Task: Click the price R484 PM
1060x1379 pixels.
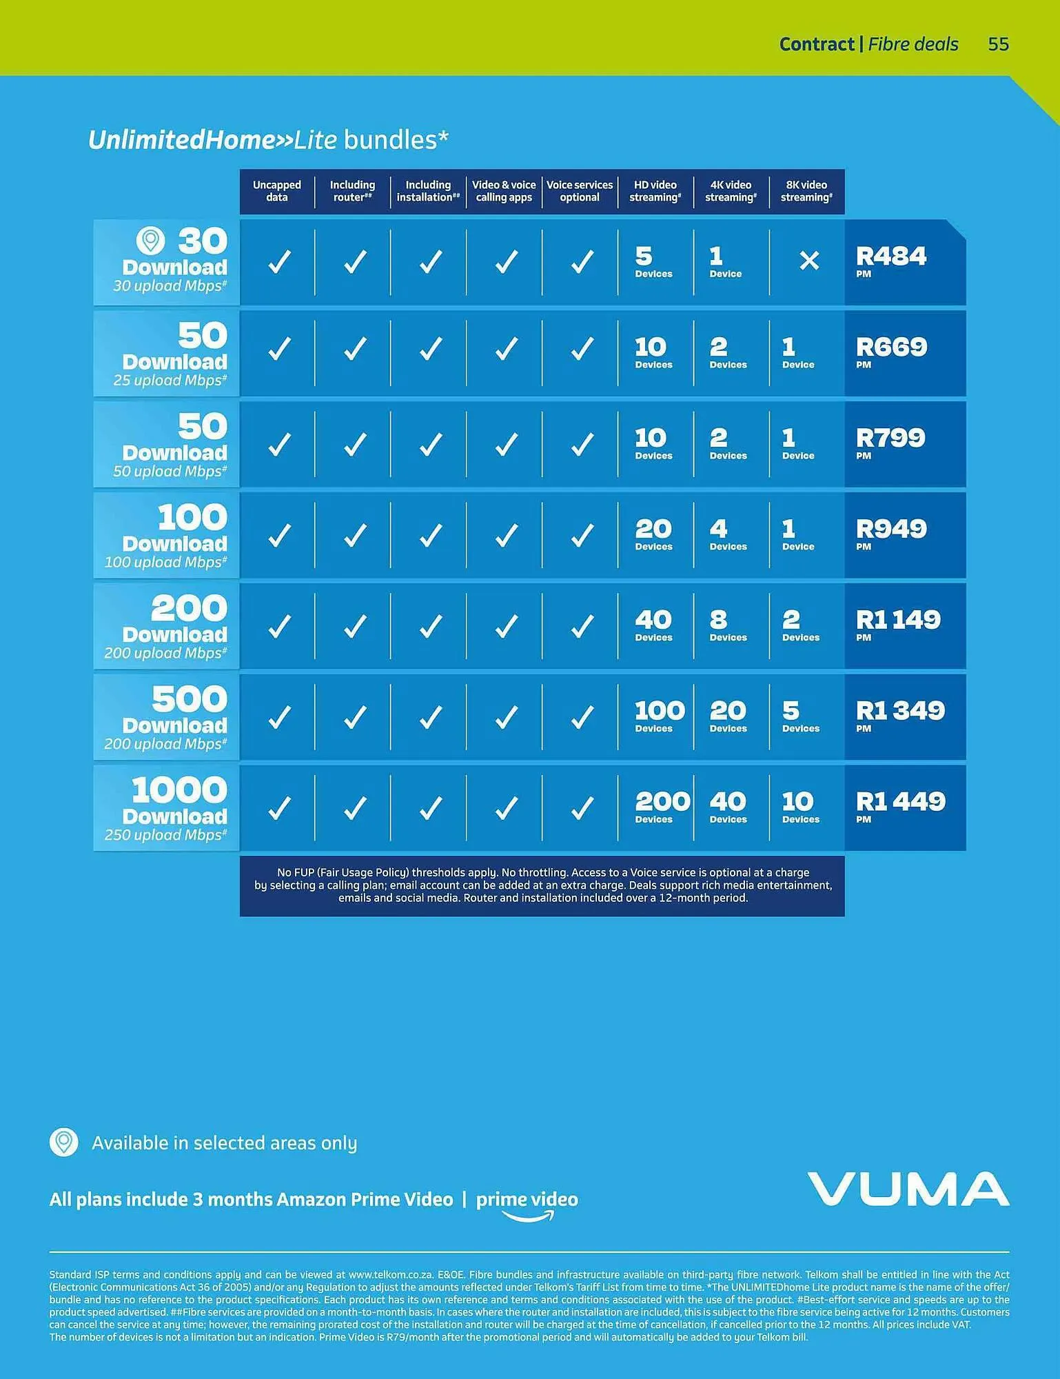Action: (890, 261)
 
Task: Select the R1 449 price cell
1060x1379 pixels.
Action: (900, 807)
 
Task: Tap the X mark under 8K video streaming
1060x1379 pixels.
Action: (808, 261)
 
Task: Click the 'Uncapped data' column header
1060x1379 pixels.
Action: (277, 191)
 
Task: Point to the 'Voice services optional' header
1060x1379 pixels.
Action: (580, 191)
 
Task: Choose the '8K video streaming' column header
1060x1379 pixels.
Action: (806, 191)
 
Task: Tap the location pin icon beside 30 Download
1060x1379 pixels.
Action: (150, 241)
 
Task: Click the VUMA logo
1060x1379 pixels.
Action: (908, 1189)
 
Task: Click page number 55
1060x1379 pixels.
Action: (998, 44)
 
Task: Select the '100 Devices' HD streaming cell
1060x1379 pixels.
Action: (659, 716)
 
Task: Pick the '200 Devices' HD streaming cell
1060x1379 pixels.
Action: (661, 807)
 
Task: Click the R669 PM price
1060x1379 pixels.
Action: (891, 352)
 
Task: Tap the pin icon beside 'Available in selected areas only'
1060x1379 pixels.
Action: (63, 1143)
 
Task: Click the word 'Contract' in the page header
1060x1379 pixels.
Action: (817, 44)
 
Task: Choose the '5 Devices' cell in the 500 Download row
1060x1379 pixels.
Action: (800, 716)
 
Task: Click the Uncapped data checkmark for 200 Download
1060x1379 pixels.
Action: (279, 626)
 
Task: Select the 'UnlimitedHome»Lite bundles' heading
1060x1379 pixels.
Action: (268, 140)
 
